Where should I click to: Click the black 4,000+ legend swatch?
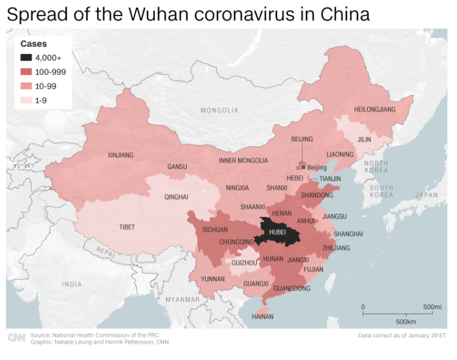(x=26, y=58)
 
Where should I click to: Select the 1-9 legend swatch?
(x=26, y=100)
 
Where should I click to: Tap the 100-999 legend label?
(x=50, y=72)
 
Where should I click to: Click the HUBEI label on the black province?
(x=277, y=232)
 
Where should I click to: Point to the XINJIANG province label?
(x=121, y=155)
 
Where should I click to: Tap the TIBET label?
(x=127, y=227)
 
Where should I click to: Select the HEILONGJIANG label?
(x=375, y=110)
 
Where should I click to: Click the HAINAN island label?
(x=262, y=316)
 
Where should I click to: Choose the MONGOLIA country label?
(x=219, y=110)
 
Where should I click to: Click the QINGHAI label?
(x=176, y=197)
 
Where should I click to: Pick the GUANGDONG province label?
(x=291, y=289)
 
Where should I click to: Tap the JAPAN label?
(x=426, y=195)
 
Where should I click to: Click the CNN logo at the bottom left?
(x=16, y=338)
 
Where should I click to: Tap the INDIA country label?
(x=72, y=284)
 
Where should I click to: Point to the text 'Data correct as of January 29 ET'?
(x=402, y=335)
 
